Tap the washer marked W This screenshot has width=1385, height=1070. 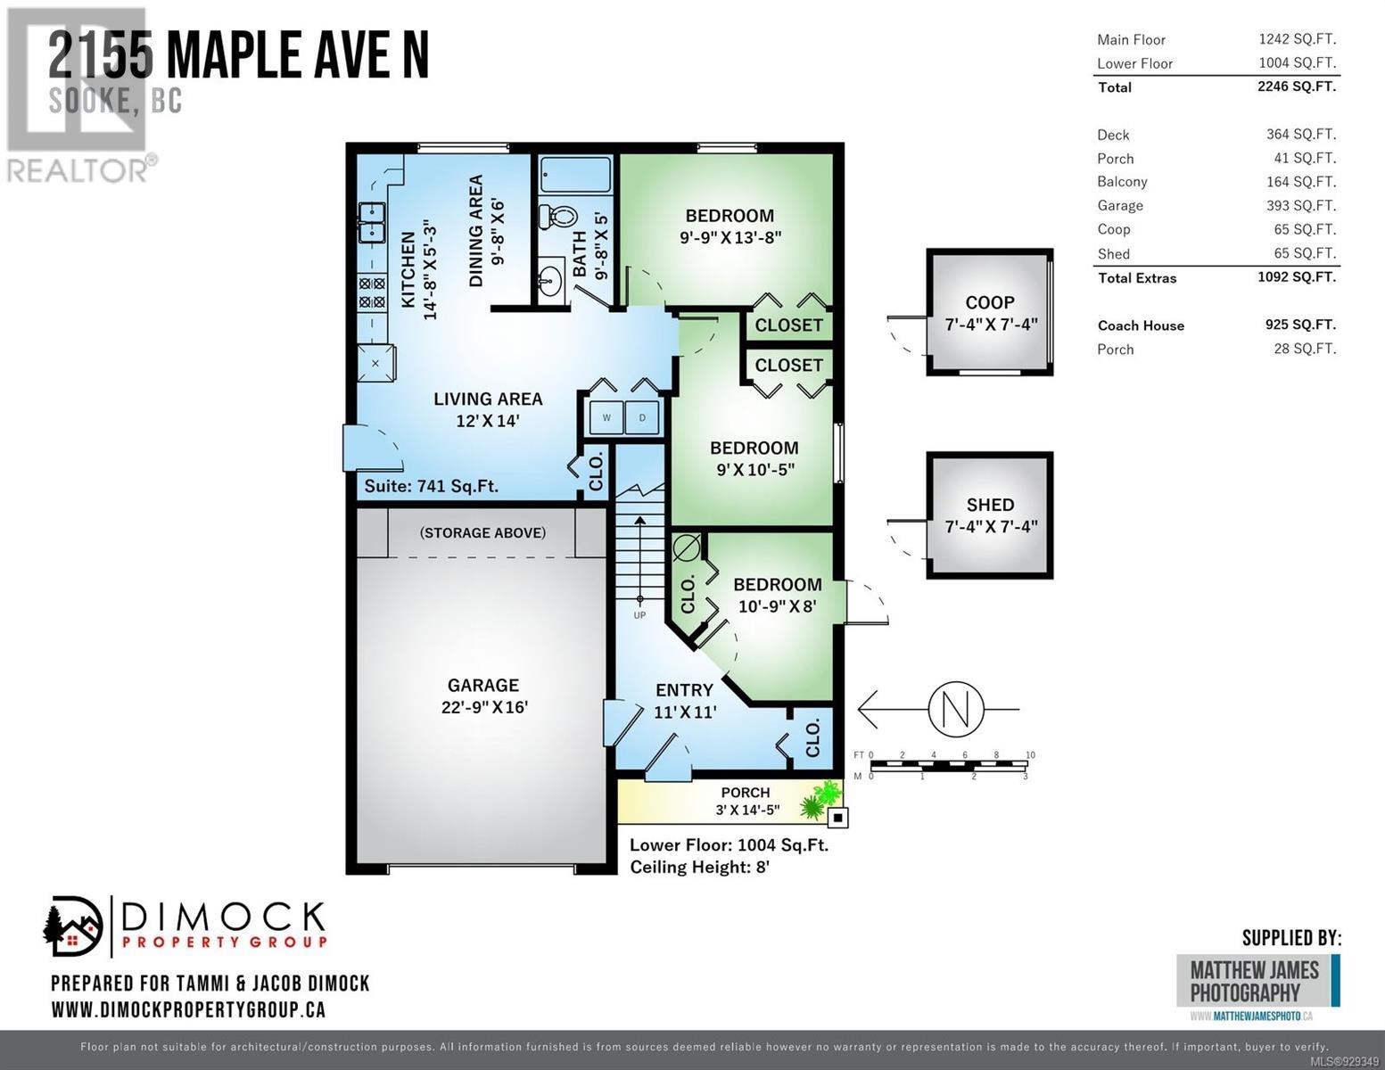coord(606,418)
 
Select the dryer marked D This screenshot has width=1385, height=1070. coord(642,418)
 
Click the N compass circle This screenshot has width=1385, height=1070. coord(956,709)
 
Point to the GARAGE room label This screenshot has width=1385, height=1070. coord(483,685)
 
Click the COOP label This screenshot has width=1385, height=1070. coord(990,302)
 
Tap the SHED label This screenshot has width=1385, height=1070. coord(991,505)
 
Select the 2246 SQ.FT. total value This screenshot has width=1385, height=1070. coord(1297,86)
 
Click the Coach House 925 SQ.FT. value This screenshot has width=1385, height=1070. coord(1300,325)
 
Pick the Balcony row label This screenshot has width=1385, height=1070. coord(1123,182)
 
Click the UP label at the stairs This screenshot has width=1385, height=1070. coord(639,615)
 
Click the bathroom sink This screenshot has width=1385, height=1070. coord(549,278)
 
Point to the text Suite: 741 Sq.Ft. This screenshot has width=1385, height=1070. coord(431,486)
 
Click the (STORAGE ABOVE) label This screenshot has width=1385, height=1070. coord(482,532)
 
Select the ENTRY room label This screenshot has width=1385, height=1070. coord(685,690)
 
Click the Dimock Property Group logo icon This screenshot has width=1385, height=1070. coord(72,926)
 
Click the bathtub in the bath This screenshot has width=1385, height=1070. coord(575,175)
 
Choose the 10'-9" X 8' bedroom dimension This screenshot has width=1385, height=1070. coord(778,606)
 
